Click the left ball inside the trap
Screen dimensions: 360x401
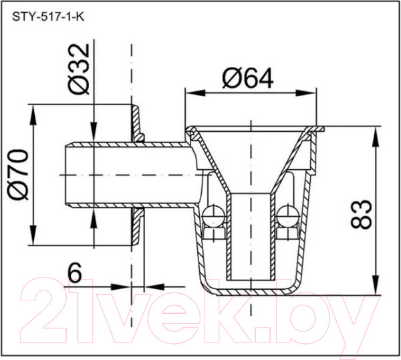[x=213, y=215]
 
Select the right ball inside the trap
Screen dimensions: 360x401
[x=288, y=215]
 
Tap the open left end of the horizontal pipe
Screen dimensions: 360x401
[x=65, y=175]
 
